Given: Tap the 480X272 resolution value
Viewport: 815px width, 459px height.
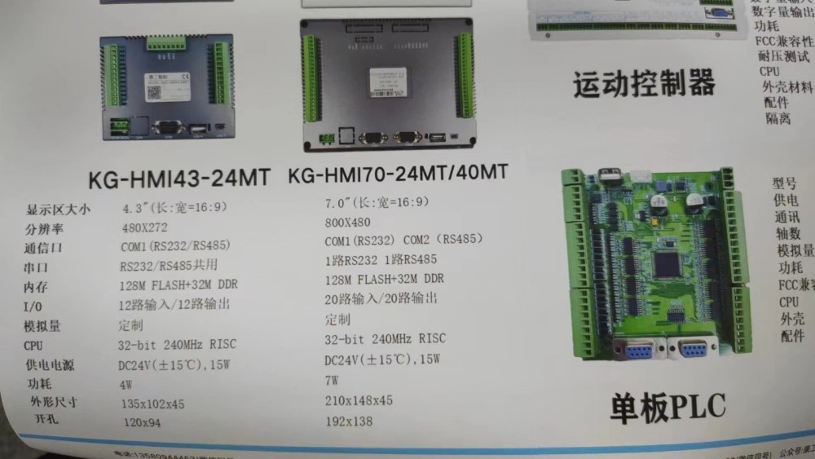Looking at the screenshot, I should coord(144,227).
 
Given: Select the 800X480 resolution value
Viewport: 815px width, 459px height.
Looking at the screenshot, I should coord(347,222).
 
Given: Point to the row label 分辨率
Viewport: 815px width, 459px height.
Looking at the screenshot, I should coord(42,229).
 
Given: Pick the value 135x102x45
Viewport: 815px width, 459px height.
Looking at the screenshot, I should coord(152,404).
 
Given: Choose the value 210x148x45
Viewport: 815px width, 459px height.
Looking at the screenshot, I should coord(359,400).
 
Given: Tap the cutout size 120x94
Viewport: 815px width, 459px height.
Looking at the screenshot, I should coord(142,422).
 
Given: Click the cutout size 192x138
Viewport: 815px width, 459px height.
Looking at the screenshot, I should coord(348,421).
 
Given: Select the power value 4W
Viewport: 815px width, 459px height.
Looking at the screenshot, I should coord(126,383).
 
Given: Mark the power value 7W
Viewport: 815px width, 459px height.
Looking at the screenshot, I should coord(332,380).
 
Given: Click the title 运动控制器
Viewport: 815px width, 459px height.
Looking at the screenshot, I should coord(644,84).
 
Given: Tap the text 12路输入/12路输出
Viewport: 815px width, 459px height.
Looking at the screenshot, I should coord(174,305).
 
